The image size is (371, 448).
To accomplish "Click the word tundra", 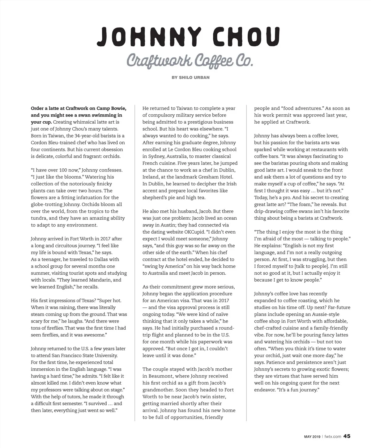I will [39, 218].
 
